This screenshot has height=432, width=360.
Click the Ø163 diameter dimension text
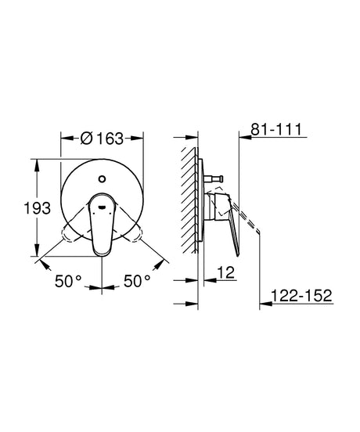(x=101, y=139)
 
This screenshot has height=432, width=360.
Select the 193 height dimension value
(x=37, y=208)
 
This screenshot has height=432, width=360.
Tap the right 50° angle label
(x=139, y=280)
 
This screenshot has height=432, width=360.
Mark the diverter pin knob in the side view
(x=215, y=178)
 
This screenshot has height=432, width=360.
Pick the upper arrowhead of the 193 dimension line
(x=36, y=163)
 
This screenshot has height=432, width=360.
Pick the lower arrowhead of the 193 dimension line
(x=36, y=255)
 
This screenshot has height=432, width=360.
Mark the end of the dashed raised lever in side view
(x=257, y=232)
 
